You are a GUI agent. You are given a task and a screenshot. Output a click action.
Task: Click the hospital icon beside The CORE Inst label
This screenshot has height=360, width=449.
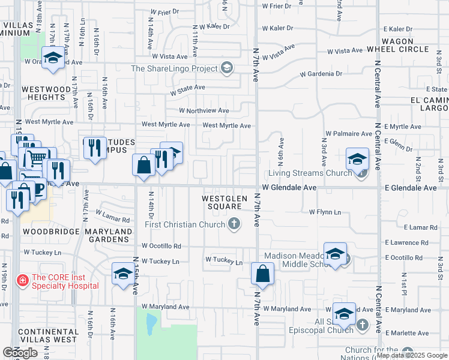click(x=22, y=280)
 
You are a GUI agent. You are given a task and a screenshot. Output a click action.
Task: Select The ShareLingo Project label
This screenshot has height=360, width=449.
click(x=173, y=68)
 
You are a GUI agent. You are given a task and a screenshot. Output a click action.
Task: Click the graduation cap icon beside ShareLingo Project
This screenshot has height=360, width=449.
click(x=227, y=68)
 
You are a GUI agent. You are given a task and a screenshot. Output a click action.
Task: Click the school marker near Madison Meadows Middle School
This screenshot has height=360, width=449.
click(x=336, y=254)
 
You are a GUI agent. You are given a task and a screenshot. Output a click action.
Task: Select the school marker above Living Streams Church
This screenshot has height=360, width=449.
click(x=357, y=160)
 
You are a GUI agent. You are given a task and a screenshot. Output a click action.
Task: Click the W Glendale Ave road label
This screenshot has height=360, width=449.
click(x=289, y=188)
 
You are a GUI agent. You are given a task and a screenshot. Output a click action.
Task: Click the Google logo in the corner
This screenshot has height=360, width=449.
click(x=20, y=353)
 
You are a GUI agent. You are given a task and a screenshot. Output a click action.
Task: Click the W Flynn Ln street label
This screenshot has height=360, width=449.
click(x=325, y=212)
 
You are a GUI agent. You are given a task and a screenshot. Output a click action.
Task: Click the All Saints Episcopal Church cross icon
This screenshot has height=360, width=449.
click(x=362, y=325)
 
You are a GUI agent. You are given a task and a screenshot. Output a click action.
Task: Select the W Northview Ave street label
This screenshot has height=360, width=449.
click(x=204, y=110)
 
